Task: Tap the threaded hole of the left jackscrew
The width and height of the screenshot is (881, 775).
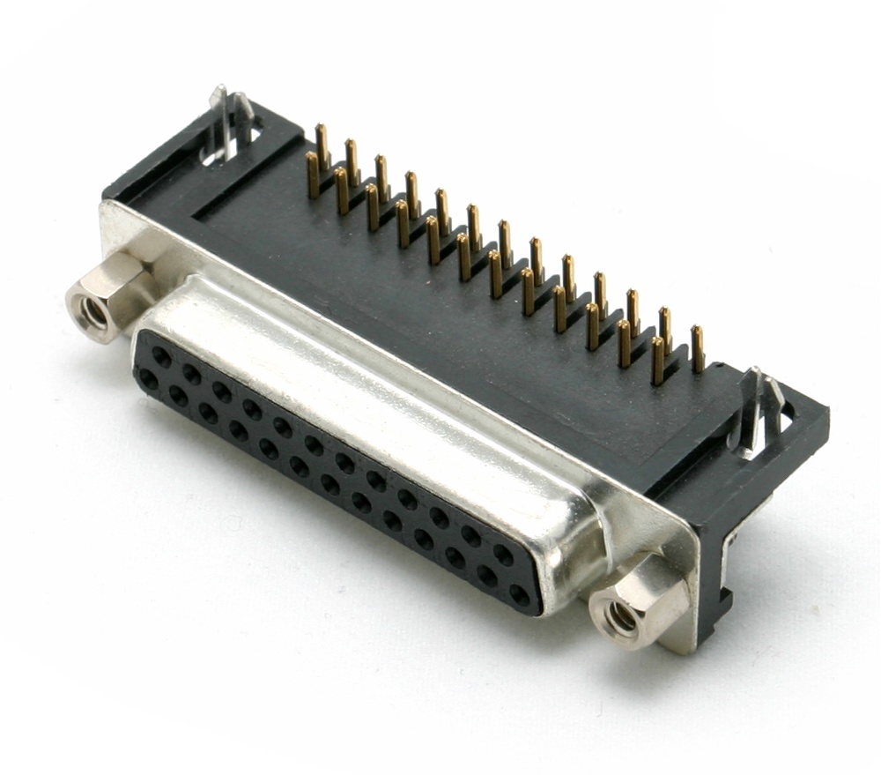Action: [x=92, y=309]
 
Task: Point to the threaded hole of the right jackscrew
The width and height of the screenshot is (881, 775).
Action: [x=622, y=617]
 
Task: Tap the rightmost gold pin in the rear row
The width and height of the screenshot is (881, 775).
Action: [x=697, y=348]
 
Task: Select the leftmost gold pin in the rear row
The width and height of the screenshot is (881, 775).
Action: [x=322, y=145]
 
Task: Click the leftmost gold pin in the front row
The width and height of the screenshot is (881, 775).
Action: [x=312, y=175]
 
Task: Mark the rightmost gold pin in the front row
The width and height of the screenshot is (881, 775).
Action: [x=657, y=361]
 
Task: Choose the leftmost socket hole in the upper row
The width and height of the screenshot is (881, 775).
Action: [x=161, y=354]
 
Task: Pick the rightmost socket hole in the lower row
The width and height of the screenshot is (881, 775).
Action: [x=520, y=595]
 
